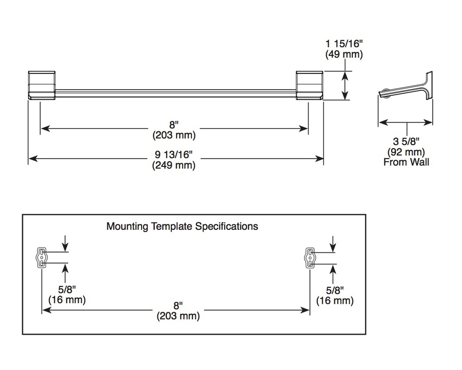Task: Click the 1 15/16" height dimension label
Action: coord(344,44)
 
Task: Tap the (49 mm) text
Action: coord(344,54)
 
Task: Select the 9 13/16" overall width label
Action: coord(174,154)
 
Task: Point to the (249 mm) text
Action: coord(174,165)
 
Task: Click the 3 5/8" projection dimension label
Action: coord(406,142)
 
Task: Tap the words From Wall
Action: coord(406,162)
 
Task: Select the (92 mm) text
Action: coord(406,152)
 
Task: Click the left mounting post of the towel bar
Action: coord(42,85)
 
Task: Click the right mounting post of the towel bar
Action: coord(310,85)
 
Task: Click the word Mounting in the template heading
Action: coord(127,226)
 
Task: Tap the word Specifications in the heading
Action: coord(226,226)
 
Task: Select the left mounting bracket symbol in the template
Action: coord(42,257)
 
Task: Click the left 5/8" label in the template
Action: coord(67,290)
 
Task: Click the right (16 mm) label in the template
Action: coord(335,301)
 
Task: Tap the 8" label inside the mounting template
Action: coord(178,306)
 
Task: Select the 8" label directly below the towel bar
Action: coord(174,125)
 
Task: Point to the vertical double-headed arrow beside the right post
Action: coord(345,85)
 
